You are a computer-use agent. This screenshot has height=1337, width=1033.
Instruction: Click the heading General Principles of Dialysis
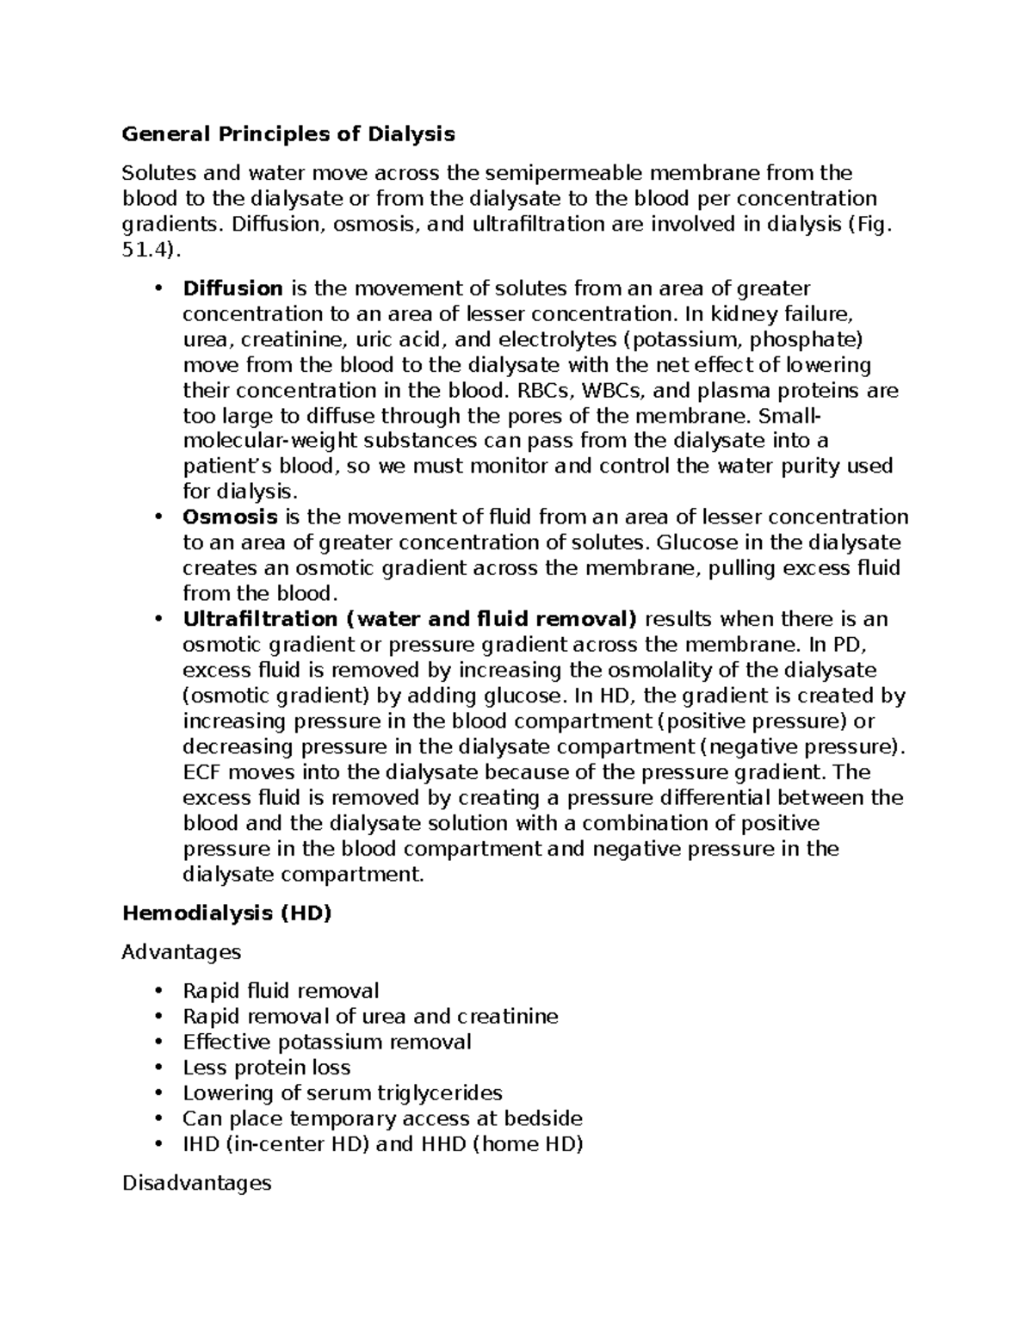(x=288, y=134)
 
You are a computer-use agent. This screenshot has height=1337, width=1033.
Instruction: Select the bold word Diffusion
(x=232, y=288)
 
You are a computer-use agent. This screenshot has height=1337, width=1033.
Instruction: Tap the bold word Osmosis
(x=230, y=517)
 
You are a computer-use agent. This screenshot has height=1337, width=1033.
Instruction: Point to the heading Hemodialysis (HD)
(x=226, y=913)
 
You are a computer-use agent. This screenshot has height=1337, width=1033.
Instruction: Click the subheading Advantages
(x=182, y=952)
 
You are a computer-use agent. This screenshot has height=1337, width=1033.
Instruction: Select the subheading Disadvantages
(x=197, y=1183)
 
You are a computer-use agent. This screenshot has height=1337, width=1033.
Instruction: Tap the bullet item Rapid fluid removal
(x=281, y=991)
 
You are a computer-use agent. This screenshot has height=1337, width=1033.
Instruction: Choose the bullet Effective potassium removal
(x=327, y=1042)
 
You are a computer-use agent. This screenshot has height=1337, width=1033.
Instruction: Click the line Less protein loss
(x=267, y=1068)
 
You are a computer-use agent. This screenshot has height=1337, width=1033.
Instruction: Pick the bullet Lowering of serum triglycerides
(x=342, y=1093)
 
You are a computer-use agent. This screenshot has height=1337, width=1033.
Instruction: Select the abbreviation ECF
(x=202, y=772)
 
